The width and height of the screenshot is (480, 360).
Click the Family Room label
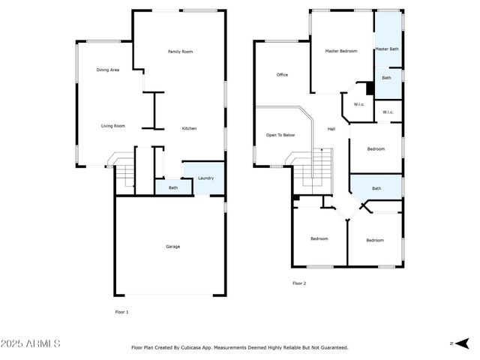click(180, 52)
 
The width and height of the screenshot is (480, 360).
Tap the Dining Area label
click(108, 70)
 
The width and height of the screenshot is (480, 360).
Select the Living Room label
click(112, 126)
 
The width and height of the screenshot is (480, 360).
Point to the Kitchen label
click(190, 128)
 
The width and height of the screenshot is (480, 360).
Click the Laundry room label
click(205, 178)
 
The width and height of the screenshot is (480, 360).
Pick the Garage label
click(172, 247)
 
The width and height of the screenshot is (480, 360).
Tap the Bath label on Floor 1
click(172, 187)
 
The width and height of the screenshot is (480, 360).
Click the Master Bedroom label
click(340, 51)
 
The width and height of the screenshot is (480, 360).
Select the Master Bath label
click(387, 49)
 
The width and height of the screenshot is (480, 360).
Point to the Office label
click(282, 75)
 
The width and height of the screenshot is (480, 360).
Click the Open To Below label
click(280, 135)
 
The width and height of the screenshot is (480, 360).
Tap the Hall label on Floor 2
click(331, 129)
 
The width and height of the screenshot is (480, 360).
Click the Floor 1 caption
click(121, 311)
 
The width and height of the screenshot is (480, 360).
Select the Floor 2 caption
click(299, 283)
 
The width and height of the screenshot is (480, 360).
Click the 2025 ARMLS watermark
click(31, 343)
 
